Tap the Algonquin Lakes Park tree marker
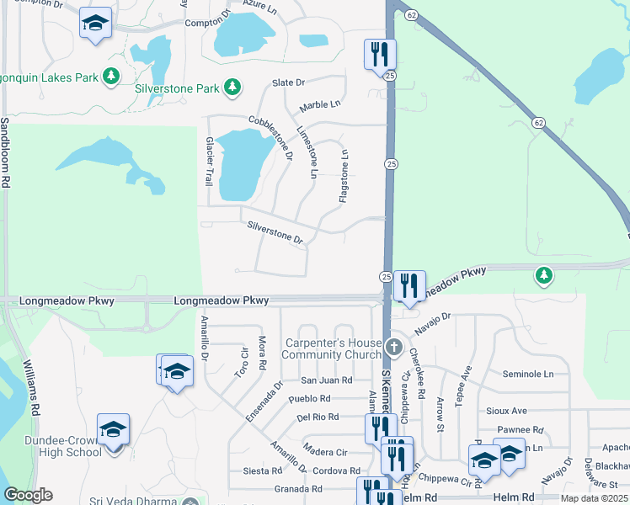110,77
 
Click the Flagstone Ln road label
344,176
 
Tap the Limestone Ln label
307,152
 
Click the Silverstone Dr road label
275,233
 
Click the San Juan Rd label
316,380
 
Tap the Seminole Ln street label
528,374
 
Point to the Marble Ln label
320,105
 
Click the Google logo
27,495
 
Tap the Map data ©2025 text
594,498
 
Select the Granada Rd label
299,488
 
